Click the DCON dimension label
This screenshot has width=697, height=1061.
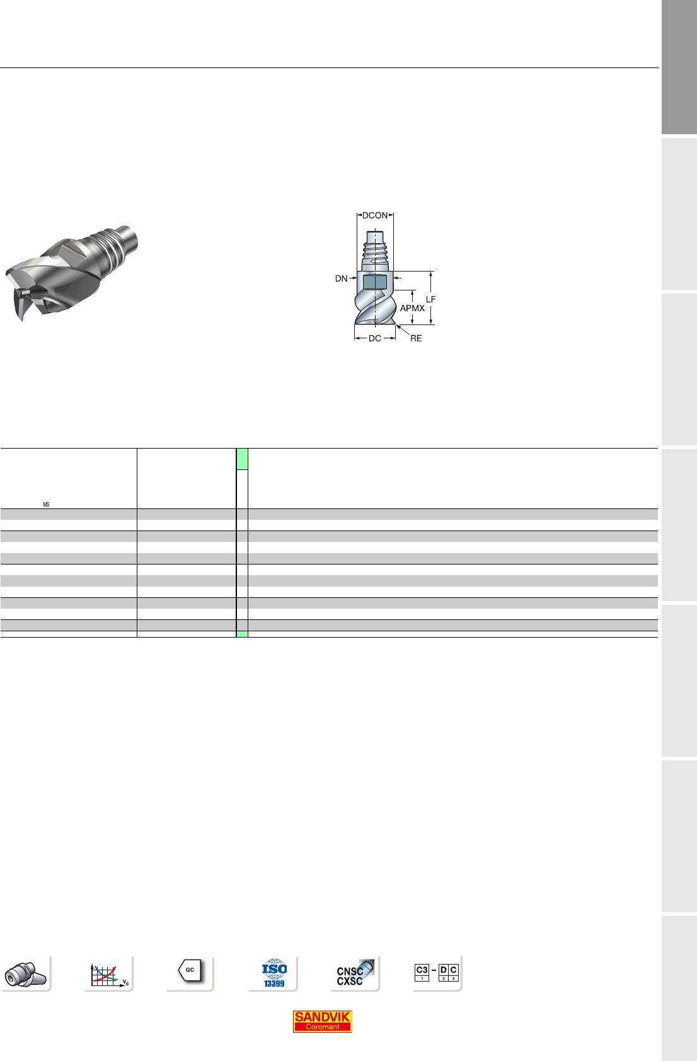click(x=375, y=215)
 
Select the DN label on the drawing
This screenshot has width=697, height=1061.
click(x=341, y=278)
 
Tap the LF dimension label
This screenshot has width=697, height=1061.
click(x=430, y=299)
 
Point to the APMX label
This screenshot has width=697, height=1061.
click(x=412, y=308)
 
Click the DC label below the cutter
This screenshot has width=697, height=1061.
click(x=375, y=338)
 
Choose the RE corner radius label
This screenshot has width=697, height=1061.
click(x=416, y=338)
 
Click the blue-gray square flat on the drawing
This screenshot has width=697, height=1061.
click(x=375, y=282)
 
